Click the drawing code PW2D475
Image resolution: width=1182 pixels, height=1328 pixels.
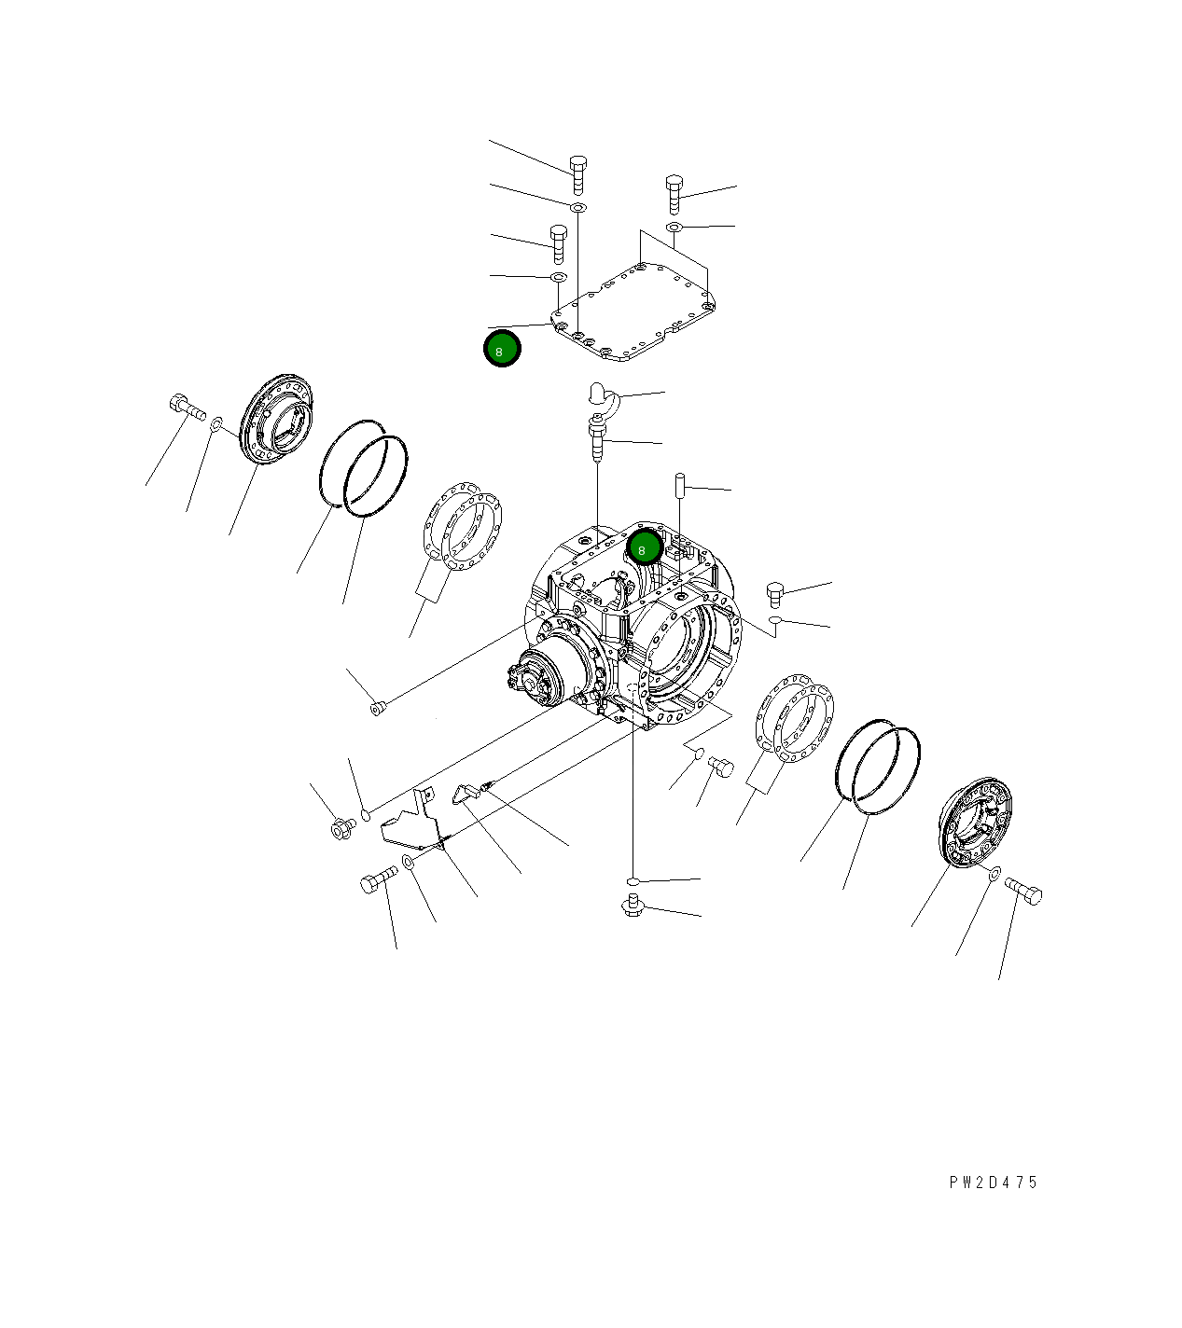[993, 1183]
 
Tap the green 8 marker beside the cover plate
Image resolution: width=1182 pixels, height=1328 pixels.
[502, 349]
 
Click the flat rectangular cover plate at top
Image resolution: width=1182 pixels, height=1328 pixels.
[633, 311]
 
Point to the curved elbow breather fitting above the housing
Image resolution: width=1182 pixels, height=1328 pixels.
[605, 396]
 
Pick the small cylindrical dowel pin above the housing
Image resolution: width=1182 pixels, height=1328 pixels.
[680, 485]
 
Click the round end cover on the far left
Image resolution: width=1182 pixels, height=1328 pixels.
[276, 420]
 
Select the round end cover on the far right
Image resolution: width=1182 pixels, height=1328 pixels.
[975, 824]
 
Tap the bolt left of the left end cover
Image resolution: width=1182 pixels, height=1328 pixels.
[187, 407]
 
